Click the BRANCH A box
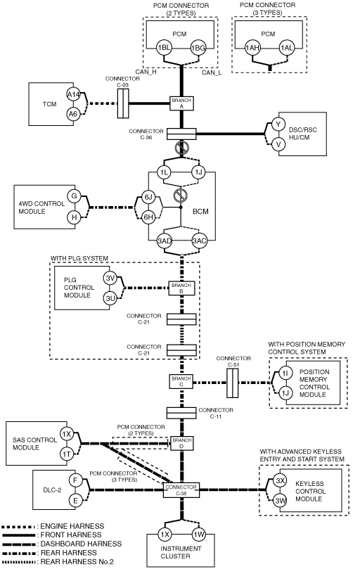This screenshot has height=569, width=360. [181, 103]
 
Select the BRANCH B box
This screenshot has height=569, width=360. [181, 288]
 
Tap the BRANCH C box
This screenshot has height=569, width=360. [181, 381]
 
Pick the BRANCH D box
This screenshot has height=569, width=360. [182, 443]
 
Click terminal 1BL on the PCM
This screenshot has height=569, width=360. [164, 48]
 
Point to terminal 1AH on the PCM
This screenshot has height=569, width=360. [252, 48]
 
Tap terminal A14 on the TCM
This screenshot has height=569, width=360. [73, 95]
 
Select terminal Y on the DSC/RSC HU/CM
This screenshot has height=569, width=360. [278, 124]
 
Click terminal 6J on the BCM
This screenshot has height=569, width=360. [148, 198]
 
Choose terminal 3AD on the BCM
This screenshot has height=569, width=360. [165, 241]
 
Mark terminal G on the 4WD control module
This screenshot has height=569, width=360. [74, 196]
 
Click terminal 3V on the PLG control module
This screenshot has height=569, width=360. [110, 279]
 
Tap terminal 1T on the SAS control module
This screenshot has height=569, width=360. [66, 454]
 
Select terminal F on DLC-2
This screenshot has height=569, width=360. [75, 481]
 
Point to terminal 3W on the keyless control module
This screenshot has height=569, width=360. [280, 501]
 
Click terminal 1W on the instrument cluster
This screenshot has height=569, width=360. [199, 534]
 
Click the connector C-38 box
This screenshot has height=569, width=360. [181, 490]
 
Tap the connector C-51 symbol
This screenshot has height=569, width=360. [232, 383]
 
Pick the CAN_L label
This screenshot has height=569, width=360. [212, 72]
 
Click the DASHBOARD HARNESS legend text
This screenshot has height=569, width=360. [81, 544]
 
